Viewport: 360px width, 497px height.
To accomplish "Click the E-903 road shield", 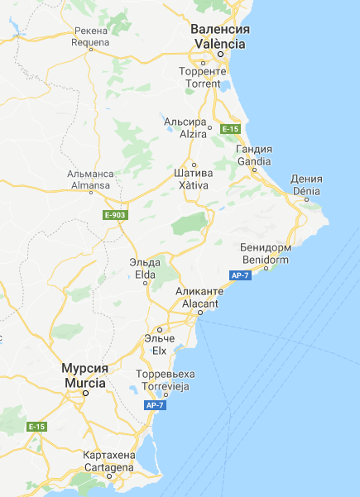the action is pos(115,215).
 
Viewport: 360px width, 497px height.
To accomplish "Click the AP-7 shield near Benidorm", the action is pos(240,275).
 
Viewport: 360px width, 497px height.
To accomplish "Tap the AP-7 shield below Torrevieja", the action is pos(155,405).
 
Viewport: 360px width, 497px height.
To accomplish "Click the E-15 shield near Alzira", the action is pos(230,129).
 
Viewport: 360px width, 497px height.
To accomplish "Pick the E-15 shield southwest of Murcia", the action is pos(36,427).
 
